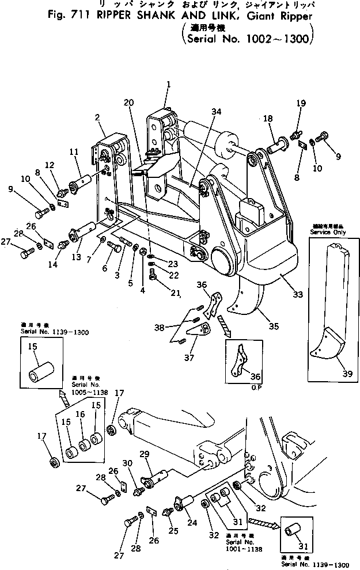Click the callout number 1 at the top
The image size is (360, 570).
(x=168, y=84)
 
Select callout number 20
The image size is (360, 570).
(x=128, y=102)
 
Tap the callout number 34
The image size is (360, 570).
(x=199, y=111)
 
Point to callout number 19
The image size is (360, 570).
(x=300, y=103)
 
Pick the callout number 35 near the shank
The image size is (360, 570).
(x=273, y=326)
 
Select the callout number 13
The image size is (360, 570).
(x=77, y=257)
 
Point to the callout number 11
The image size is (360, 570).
(x=73, y=152)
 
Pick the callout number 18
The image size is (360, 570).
(x=268, y=119)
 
